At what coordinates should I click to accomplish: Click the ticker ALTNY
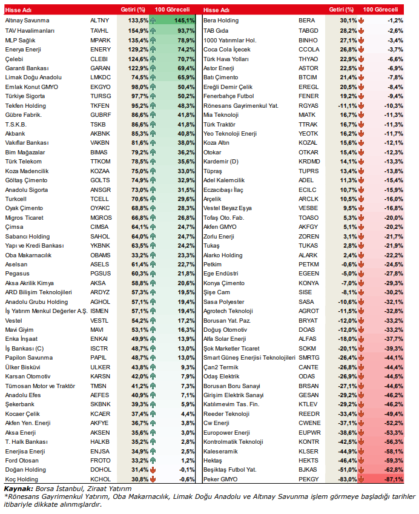point(100,20)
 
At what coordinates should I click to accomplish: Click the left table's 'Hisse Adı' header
point(18,10)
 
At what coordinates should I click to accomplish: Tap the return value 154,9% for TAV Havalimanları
point(138,30)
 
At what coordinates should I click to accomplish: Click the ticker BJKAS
point(308,469)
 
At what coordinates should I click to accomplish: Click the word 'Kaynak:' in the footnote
point(18,488)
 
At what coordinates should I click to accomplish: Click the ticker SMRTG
point(309,358)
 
